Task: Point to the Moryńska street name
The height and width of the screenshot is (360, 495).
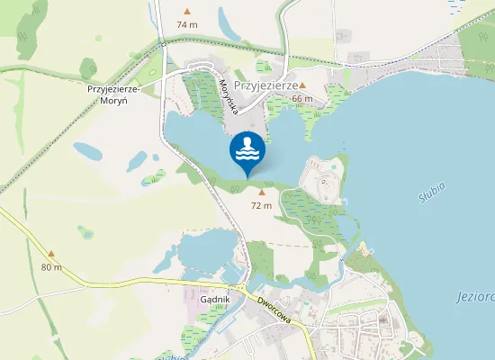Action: (229, 95)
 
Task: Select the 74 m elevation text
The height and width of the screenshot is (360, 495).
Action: (187, 24)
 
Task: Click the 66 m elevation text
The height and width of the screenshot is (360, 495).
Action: (301, 98)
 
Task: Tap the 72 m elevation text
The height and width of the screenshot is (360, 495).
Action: (261, 205)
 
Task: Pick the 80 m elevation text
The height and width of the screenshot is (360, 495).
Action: (51, 267)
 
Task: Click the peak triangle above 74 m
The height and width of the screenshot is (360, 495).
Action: (187, 12)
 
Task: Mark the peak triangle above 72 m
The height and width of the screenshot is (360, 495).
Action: (262, 192)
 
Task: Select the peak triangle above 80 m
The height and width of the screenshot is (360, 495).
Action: (51, 255)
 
